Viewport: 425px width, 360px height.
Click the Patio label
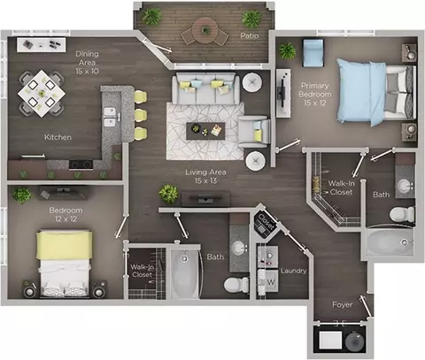pyautogui.click(x=250, y=35)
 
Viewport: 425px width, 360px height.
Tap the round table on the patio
pyautogui.click(x=205, y=29)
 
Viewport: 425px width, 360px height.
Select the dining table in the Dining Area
pyautogui.click(x=42, y=93)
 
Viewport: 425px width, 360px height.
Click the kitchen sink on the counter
pyautogui.click(x=109, y=117)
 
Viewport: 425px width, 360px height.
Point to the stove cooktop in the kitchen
pyautogui.click(x=81, y=165)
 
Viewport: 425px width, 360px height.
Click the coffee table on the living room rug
pyautogui.click(x=205, y=131)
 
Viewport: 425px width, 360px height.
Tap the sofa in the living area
pyautogui.click(x=205, y=88)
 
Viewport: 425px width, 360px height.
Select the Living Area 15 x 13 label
pyautogui.click(x=205, y=176)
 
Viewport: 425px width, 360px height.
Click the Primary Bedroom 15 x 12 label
pyautogui.click(x=314, y=94)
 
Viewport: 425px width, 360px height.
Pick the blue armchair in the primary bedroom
pyautogui.click(x=313, y=53)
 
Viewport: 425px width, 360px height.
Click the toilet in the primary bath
pyautogui.click(x=402, y=214)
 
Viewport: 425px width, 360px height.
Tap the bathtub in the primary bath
pyautogui.click(x=389, y=242)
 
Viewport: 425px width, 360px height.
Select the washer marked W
pyautogui.click(x=268, y=282)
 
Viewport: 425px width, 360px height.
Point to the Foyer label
pyautogui.click(x=343, y=304)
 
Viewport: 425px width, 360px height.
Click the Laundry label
pyautogui.click(x=293, y=271)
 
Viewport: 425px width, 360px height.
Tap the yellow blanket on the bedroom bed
pyautogui.click(x=64, y=245)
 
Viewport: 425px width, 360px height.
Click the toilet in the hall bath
pyautogui.click(x=236, y=285)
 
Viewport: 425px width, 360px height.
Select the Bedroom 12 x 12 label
pyautogui.click(x=66, y=214)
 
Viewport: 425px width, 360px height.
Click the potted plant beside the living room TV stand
pyautogui.click(x=168, y=194)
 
